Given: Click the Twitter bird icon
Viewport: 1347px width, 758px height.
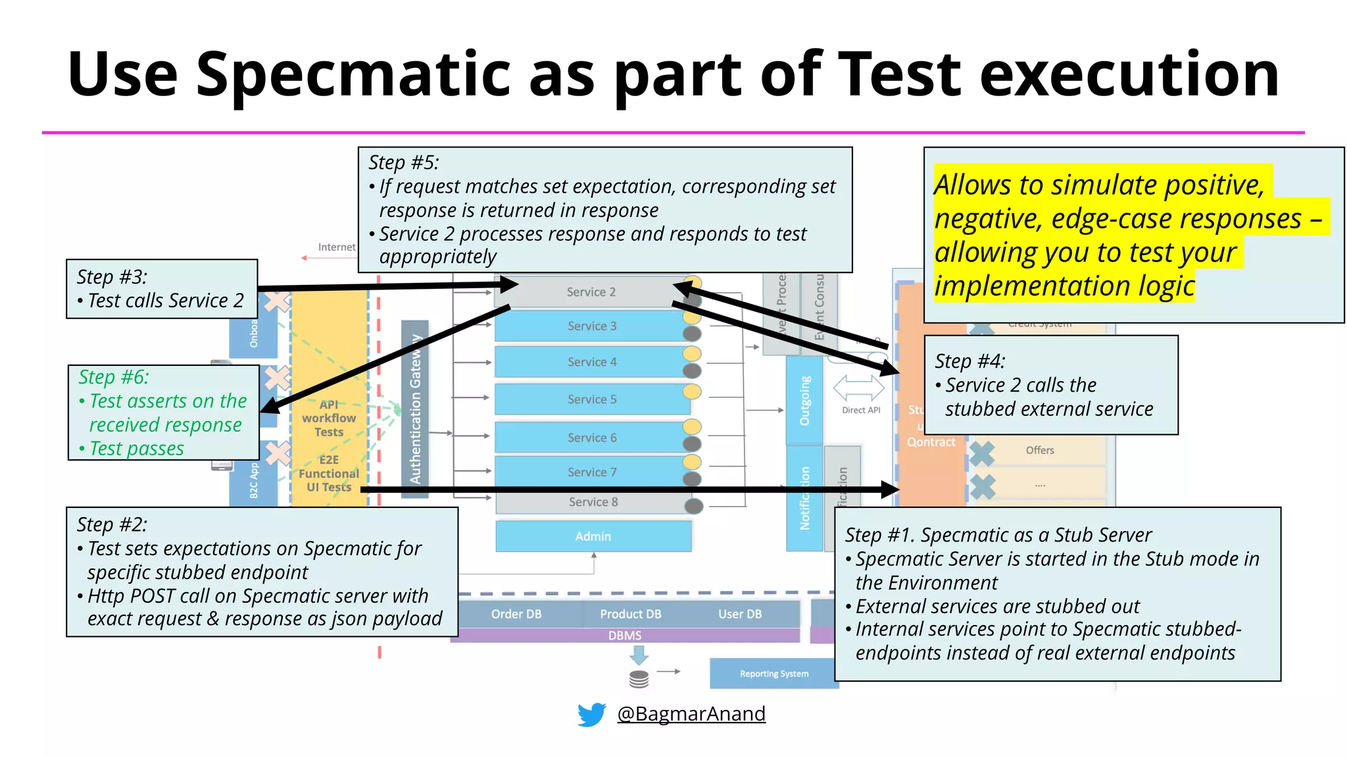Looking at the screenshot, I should (x=591, y=715).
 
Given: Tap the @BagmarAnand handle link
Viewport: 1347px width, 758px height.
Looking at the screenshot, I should (x=691, y=714).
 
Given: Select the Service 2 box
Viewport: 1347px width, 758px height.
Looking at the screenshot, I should (x=591, y=292).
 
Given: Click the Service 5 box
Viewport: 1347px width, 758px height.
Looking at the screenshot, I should (x=592, y=399).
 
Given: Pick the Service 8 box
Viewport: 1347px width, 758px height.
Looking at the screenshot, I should (x=593, y=502).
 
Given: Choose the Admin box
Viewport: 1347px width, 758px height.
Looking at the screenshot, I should (x=593, y=536).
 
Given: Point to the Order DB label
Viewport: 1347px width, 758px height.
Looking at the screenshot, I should (x=516, y=614).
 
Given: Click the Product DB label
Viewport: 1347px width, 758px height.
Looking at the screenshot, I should (x=630, y=614).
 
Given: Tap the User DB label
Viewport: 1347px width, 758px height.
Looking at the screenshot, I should (x=740, y=614).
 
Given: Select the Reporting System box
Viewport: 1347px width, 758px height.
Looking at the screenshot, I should (x=774, y=674).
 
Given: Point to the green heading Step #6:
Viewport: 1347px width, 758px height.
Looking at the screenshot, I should (x=114, y=377).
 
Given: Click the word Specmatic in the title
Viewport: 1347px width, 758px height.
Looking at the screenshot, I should (x=354, y=74).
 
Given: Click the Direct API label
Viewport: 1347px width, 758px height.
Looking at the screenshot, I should (x=861, y=410).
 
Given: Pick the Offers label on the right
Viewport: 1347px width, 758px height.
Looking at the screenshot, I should (x=1040, y=450).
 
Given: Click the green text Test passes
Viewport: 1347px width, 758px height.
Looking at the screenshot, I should (x=136, y=449).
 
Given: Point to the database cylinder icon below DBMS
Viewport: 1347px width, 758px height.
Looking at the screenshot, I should (x=639, y=679).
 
